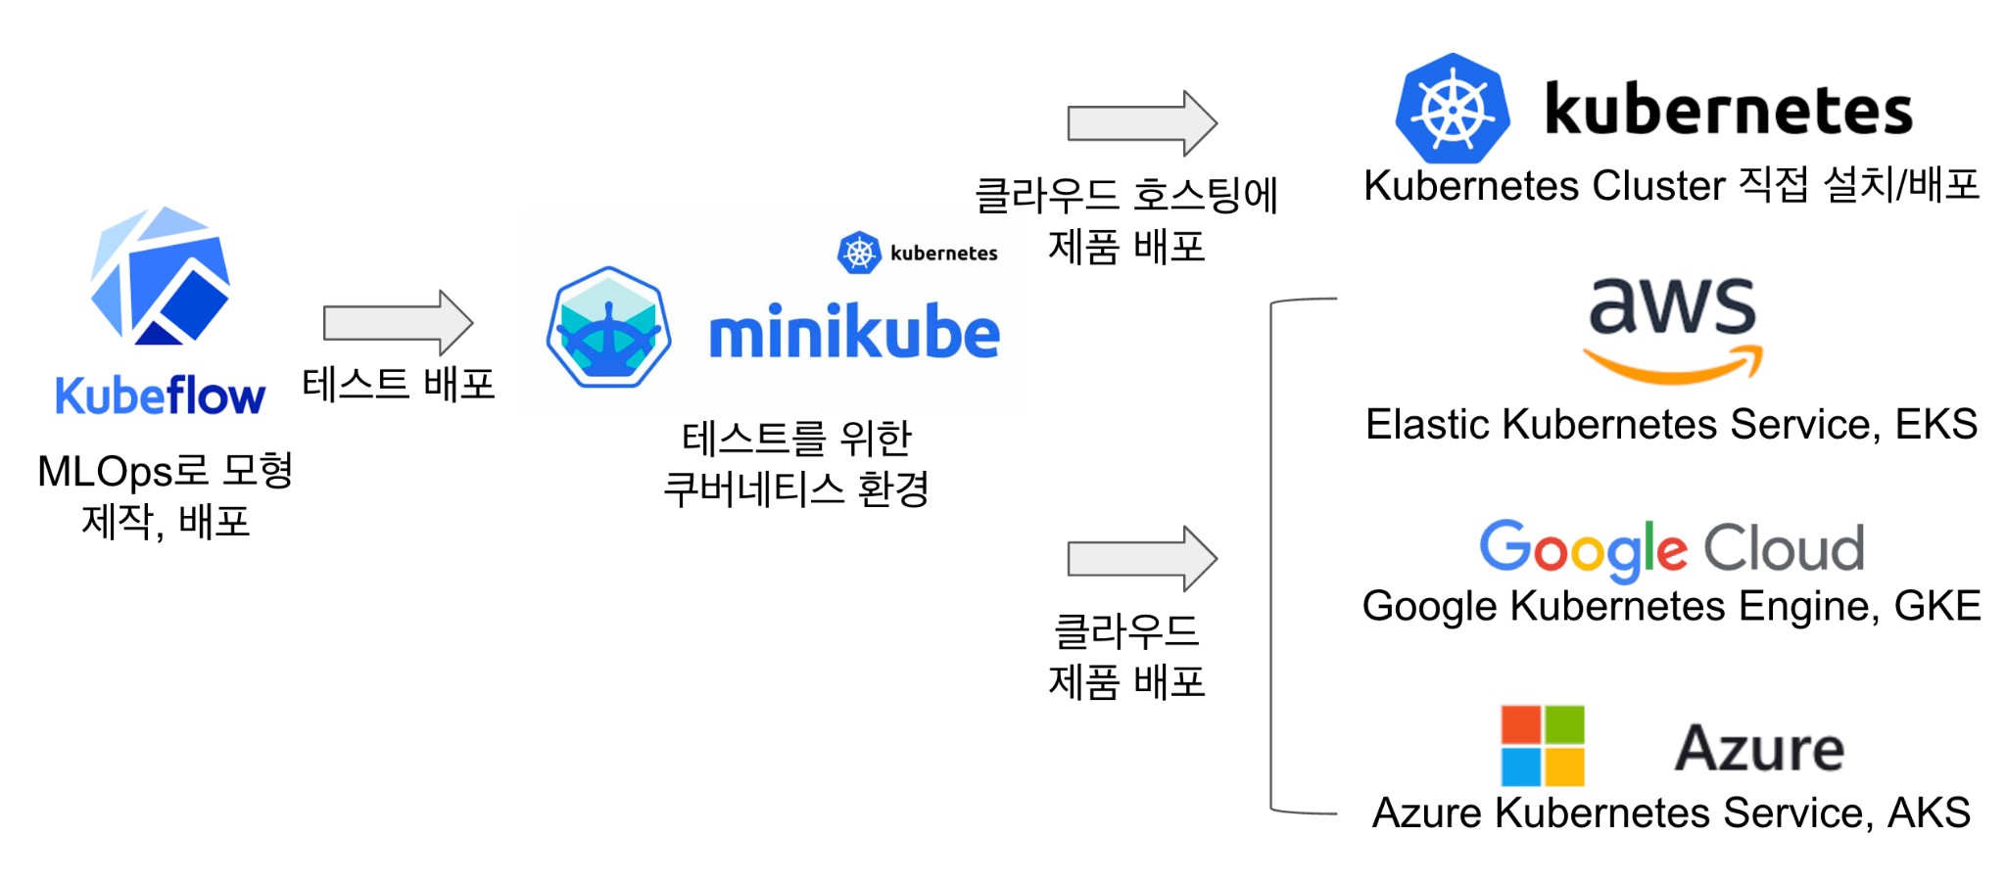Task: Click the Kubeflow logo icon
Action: coord(160,276)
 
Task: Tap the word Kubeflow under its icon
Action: coord(160,396)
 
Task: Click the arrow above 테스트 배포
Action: coord(398,322)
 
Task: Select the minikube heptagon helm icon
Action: coord(608,327)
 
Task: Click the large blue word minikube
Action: coord(854,333)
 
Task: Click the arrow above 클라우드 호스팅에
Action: coord(1142,123)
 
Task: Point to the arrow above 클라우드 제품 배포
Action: coord(1142,558)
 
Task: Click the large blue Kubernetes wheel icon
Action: coord(1453,109)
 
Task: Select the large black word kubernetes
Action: coord(1728,109)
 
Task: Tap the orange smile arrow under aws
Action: coord(1673,366)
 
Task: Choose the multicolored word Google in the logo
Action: coord(1583,548)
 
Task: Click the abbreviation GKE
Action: coord(1937,606)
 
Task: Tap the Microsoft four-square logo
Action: coord(1543,746)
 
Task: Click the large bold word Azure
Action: coord(1759,749)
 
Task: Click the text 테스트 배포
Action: coord(398,384)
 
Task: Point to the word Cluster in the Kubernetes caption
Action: coord(1658,185)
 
